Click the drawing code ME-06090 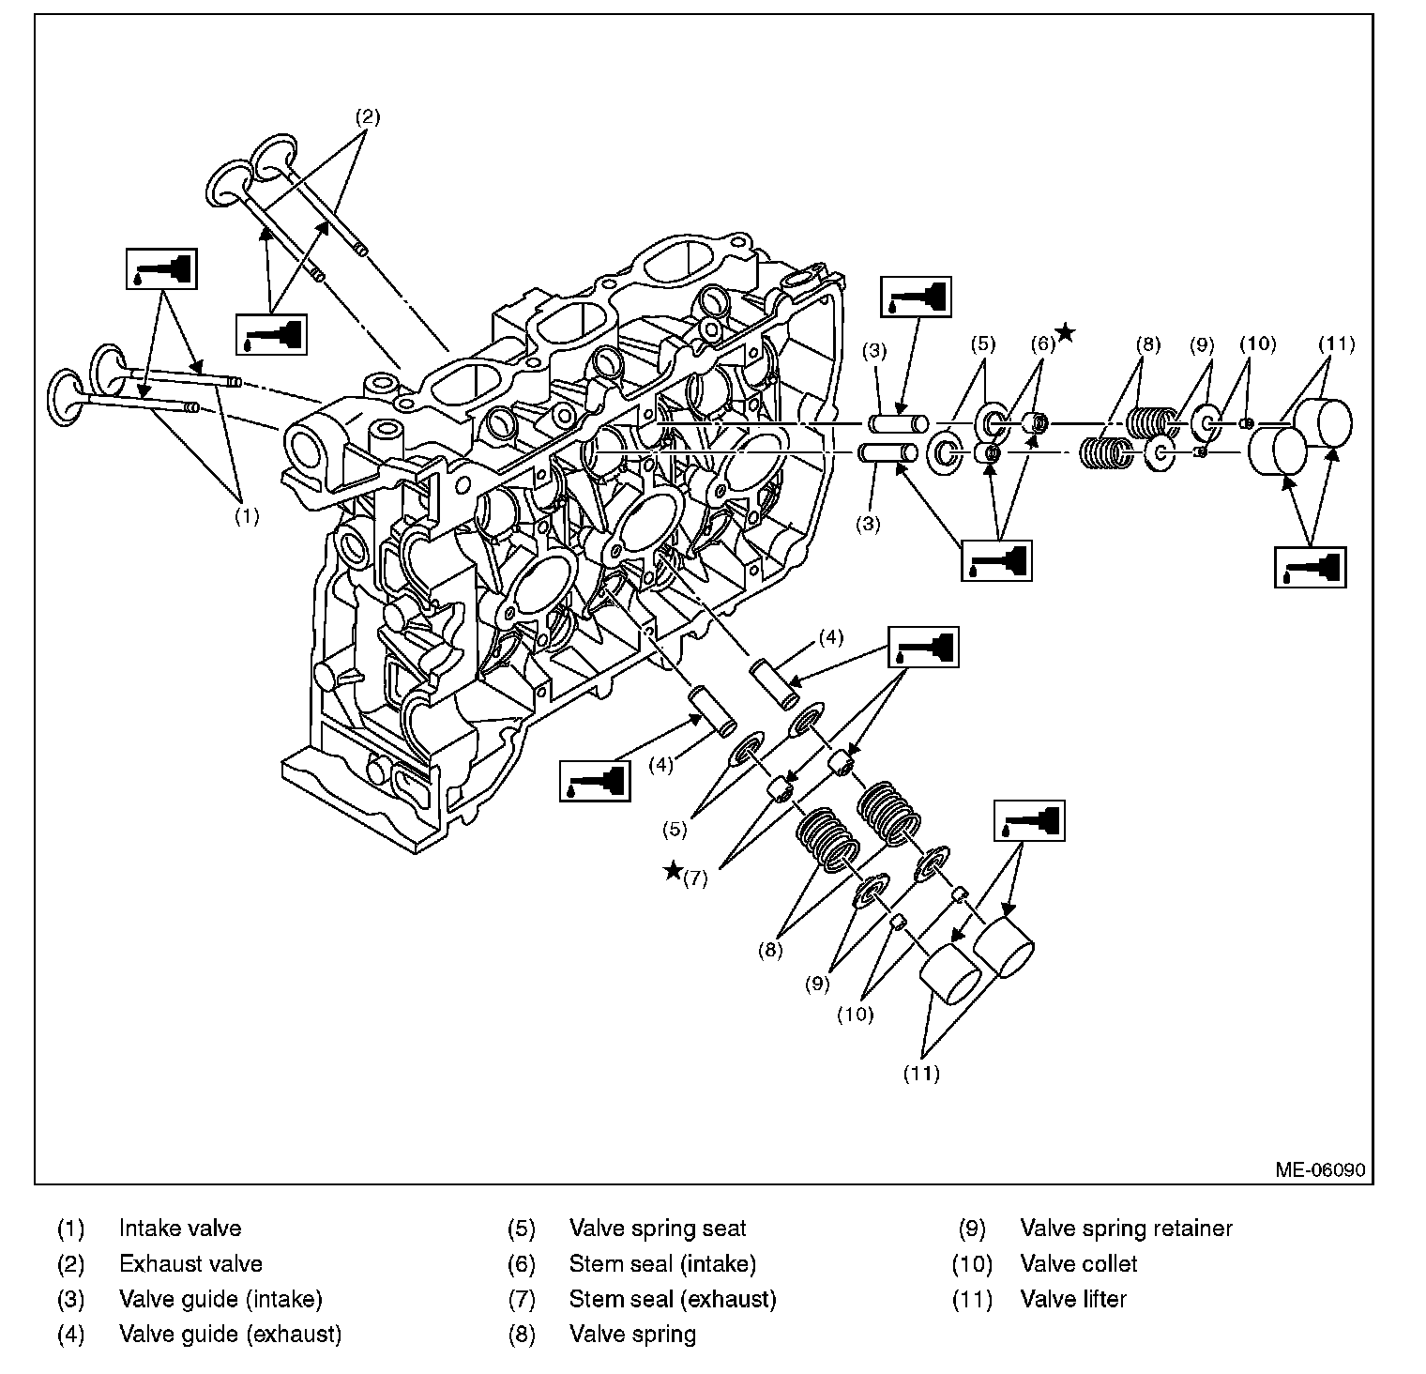[x=1319, y=1170]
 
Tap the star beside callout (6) [x=1065, y=332]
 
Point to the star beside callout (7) [x=673, y=870]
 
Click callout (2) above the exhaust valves [x=367, y=117]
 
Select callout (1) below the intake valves [x=246, y=515]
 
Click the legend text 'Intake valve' [x=180, y=1228]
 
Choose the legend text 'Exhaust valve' [x=190, y=1263]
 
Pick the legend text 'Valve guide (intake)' [x=220, y=1299]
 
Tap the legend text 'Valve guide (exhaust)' [x=230, y=1334]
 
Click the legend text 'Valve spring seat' [x=658, y=1228]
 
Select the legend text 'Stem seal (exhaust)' [x=673, y=1299]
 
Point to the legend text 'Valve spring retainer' [x=1126, y=1228]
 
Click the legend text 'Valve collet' [x=1078, y=1263]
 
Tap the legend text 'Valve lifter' [x=1073, y=1299]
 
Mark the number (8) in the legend [x=521, y=1334]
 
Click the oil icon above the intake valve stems [x=161, y=268]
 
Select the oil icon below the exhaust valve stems [x=271, y=334]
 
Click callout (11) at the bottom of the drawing [x=921, y=1073]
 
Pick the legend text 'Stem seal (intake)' [x=662, y=1263]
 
